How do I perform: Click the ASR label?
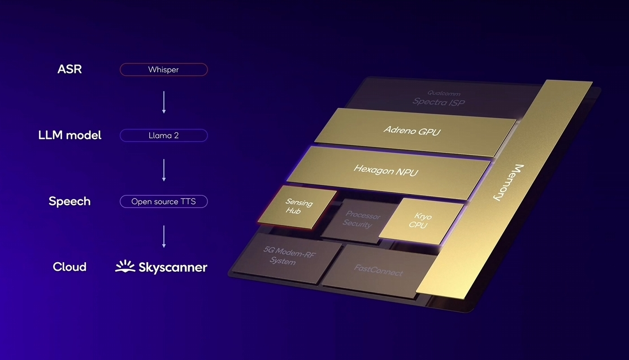click(69, 70)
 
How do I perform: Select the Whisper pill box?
click(163, 70)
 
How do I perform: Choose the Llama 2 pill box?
click(163, 136)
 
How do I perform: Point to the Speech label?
click(70, 202)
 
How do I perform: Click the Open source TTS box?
click(163, 202)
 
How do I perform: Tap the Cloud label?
click(70, 267)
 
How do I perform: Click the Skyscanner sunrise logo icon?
click(125, 267)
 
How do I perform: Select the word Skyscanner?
click(173, 267)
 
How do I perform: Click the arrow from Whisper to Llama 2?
click(164, 102)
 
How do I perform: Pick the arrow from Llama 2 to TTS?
click(164, 169)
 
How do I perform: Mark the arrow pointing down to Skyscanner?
click(164, 236)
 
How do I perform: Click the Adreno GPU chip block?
click(411, 131)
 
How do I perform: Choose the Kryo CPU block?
click(419, 220)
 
